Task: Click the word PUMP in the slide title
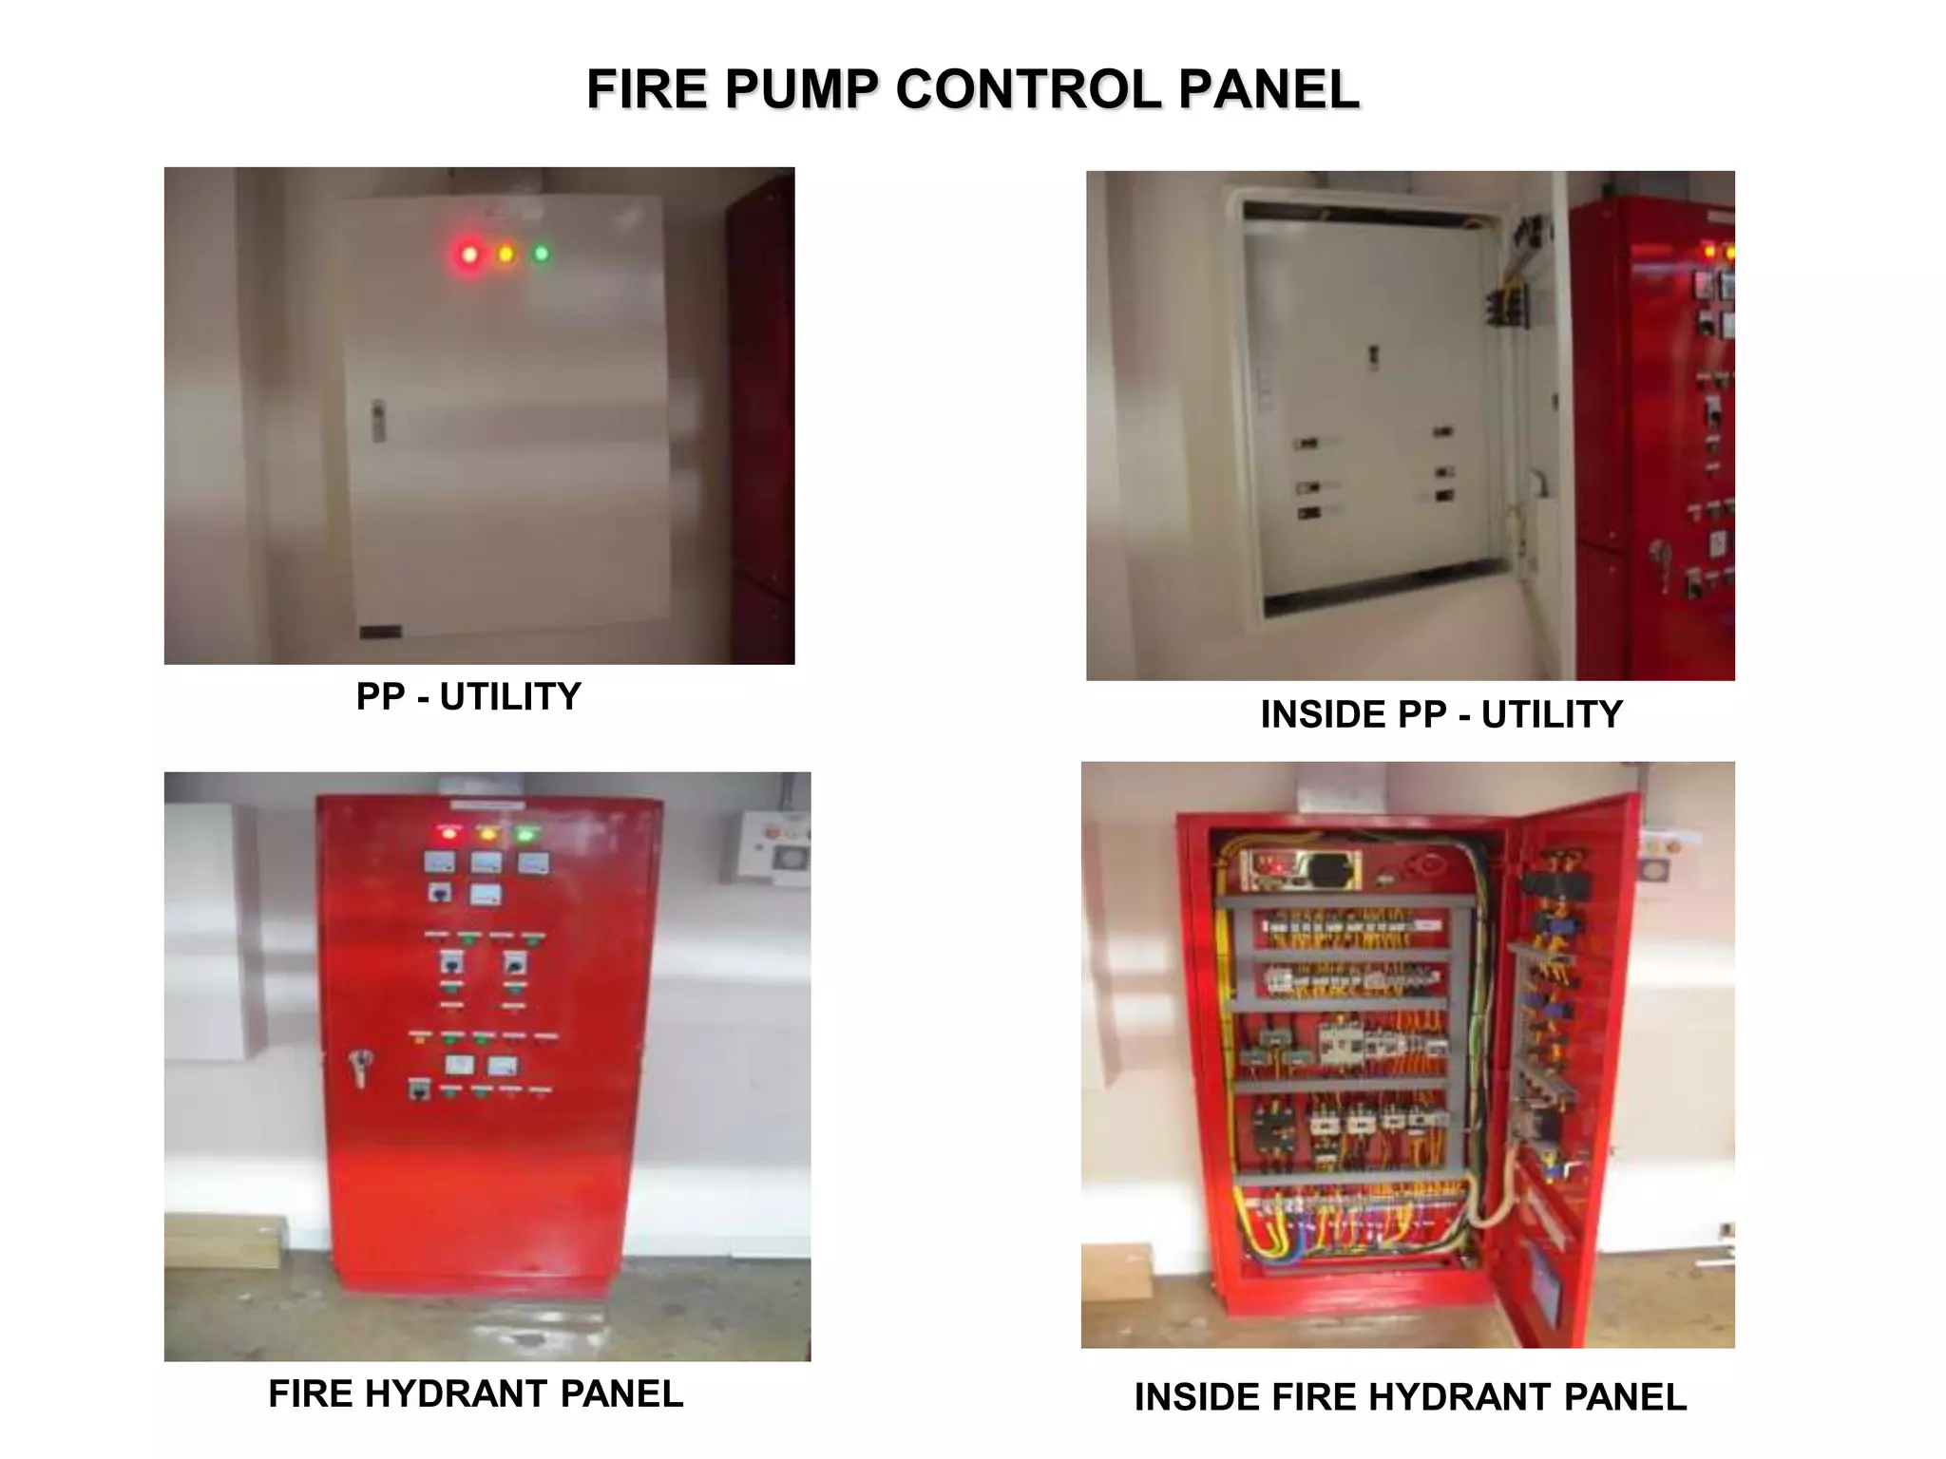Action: [801, 90]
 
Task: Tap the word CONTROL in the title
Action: [1028, 90]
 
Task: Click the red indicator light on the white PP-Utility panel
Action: [469, 255]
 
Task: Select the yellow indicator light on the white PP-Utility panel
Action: [506, 254]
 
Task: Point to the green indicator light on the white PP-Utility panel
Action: [542, 254]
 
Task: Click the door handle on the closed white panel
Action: [377, 421]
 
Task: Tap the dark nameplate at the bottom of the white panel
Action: [380, 632]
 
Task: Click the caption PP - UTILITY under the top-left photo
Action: [468, 697]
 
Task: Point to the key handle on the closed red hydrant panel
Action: [360, 1067]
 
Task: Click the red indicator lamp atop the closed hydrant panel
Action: [448, 834]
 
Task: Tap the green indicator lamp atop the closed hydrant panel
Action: [525, 835]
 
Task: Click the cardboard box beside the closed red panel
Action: [223, 1241]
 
